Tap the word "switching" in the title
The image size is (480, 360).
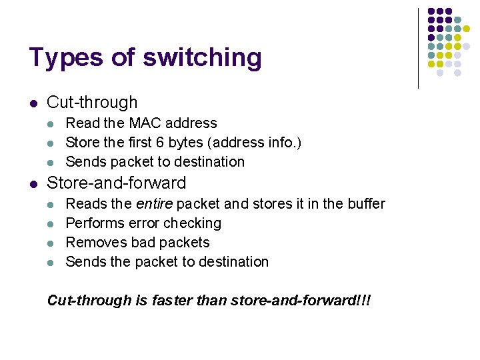click(x=202, y=59)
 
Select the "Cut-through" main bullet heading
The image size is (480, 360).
click(x=92, y=103)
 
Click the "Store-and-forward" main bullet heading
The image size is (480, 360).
click(x=116, y=183)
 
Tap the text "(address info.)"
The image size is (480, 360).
click(x=260, y=143)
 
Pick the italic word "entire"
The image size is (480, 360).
click(x=151, y=204)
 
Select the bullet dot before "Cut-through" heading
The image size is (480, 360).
click(x=33, y=103)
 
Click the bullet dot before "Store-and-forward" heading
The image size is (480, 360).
click(x=33, y=183)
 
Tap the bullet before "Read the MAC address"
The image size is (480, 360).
click(x=53, y=124)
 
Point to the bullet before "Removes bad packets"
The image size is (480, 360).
click(x=53, y=243)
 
